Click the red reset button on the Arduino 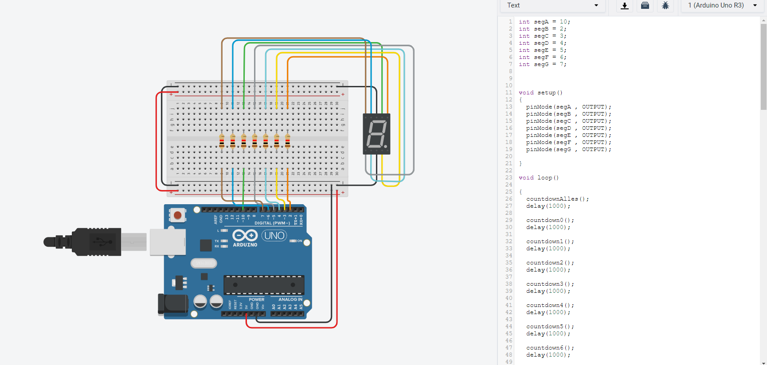coord(177,215)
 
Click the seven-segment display coord(376,134)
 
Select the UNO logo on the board coord(274,236)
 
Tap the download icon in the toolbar coord(625,6)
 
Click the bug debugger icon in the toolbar coord(665,6)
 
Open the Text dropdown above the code coord(552,5)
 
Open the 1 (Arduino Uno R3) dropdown coord(722,5)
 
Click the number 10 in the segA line coord(563,22)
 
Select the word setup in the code coord(546,93)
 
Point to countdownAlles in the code coord(552,199)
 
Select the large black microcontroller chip coord(264,285)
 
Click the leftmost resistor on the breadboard coord(222,142)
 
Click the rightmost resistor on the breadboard coord(288,142)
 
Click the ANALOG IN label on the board coord(290,299)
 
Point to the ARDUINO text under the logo coord(245,245)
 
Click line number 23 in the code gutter coord(509,178)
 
